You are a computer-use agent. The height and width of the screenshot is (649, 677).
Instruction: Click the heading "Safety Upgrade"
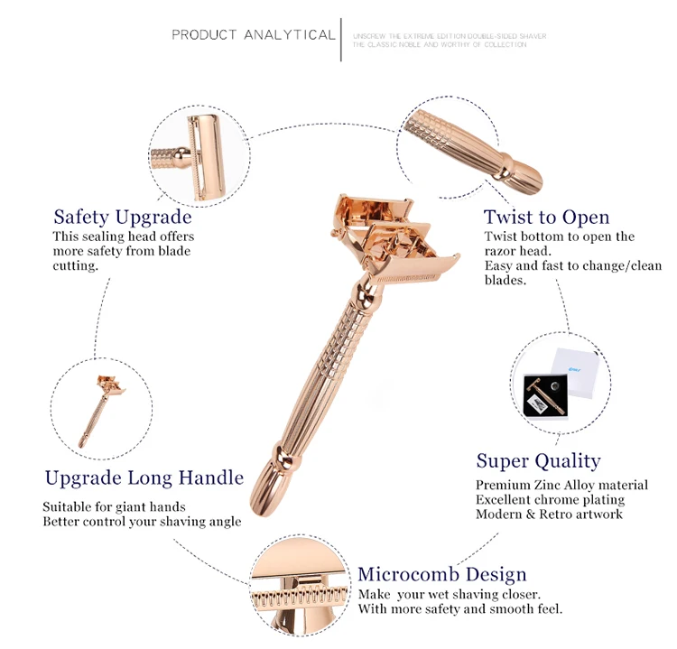(x=123, y=217)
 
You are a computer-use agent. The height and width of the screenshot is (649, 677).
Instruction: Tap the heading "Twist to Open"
(x=546, y=217)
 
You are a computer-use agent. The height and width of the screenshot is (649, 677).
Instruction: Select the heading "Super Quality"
(x=538, y=461)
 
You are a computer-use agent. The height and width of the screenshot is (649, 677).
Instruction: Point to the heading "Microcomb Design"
(x=441, y=574)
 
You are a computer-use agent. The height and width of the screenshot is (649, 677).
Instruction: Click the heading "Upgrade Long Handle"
(x=144, y=477)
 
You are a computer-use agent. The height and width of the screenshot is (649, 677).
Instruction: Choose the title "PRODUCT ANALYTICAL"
(x=254, y=35)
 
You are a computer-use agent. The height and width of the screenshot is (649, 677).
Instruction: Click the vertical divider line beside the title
(x=341, y=39)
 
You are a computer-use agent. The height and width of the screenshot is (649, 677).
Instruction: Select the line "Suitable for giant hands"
(x=114, y=506)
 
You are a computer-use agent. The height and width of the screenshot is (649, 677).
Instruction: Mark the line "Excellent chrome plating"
(x=550, y=499)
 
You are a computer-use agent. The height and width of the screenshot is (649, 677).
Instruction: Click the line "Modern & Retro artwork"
(x=549, y=514)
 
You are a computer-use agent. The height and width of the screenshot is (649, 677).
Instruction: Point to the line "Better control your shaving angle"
(x=142, y=522)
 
